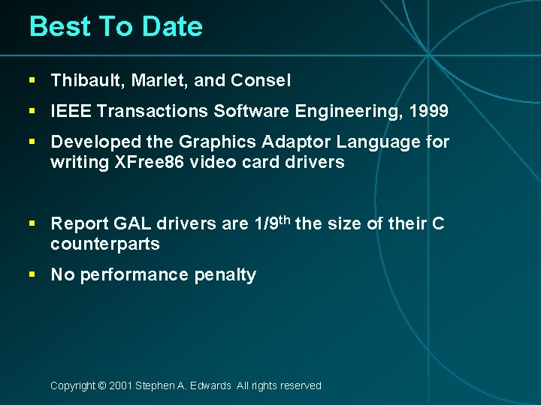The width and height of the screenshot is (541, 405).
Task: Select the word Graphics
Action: [213, 142]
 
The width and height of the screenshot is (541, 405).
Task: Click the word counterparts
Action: [104, 244]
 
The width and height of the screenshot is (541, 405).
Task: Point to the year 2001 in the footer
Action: [120, 385]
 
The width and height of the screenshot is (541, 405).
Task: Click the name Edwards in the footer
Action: [210, 385]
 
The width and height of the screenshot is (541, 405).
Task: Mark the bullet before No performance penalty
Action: [32, 274]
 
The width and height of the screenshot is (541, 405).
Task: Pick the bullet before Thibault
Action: [32, 79]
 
